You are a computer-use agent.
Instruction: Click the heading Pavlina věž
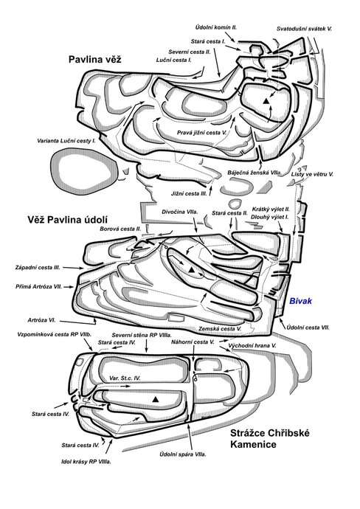(94, 60)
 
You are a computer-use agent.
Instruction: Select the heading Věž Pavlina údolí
(68, 220)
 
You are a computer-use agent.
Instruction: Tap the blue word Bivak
(300, 301)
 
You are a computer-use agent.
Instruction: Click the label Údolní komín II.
(216, 27)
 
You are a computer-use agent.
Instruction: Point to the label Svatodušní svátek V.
(304, 29)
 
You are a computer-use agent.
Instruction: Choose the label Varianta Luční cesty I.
(66, 141)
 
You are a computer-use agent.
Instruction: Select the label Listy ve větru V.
(312, 174)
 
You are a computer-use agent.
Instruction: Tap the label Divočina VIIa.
(180, 212)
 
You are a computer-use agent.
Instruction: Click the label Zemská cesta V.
(220, 329)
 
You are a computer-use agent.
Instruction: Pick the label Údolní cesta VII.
(308, 328)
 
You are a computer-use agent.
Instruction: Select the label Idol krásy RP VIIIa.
(86, 462)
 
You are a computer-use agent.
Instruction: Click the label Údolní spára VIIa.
(183, 454)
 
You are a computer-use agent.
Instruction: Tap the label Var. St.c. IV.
(125, 378)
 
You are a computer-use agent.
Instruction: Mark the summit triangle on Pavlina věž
(266, 101)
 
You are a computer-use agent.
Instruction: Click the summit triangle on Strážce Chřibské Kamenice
(156, 399)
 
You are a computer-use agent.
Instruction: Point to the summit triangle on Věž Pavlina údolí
(191, 270)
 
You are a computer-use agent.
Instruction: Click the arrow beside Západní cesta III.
(73, 268)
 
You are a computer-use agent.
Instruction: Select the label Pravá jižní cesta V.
(201, 133)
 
